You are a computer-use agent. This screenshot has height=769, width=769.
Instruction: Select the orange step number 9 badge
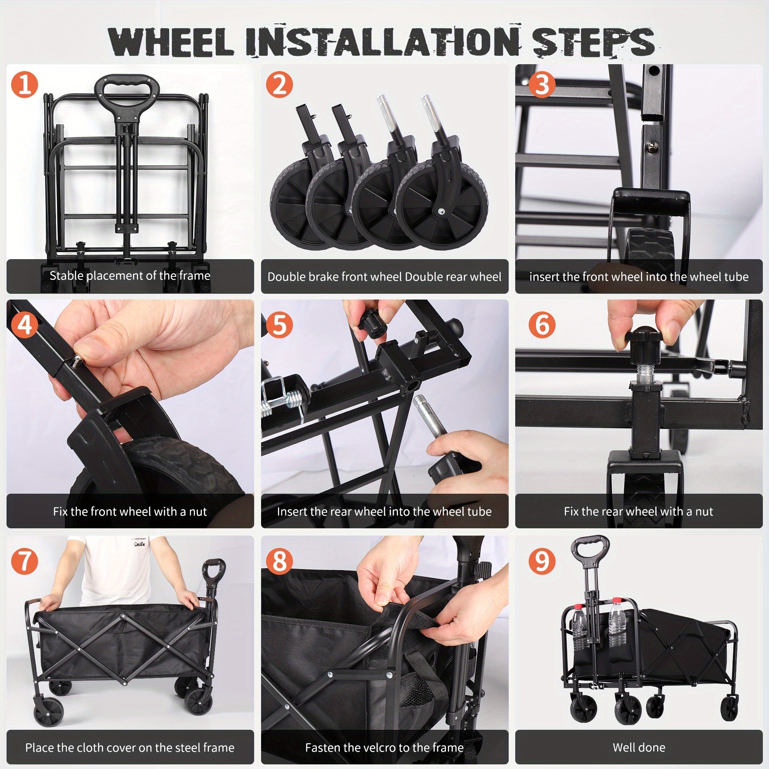[542, 561]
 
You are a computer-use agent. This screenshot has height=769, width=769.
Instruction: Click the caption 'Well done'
[638, 747]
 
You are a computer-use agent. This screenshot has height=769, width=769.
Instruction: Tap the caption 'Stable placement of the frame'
[130, 275]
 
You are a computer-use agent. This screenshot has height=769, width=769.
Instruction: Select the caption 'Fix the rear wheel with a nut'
[638, 511]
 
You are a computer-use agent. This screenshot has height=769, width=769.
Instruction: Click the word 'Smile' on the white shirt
[139, 544]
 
